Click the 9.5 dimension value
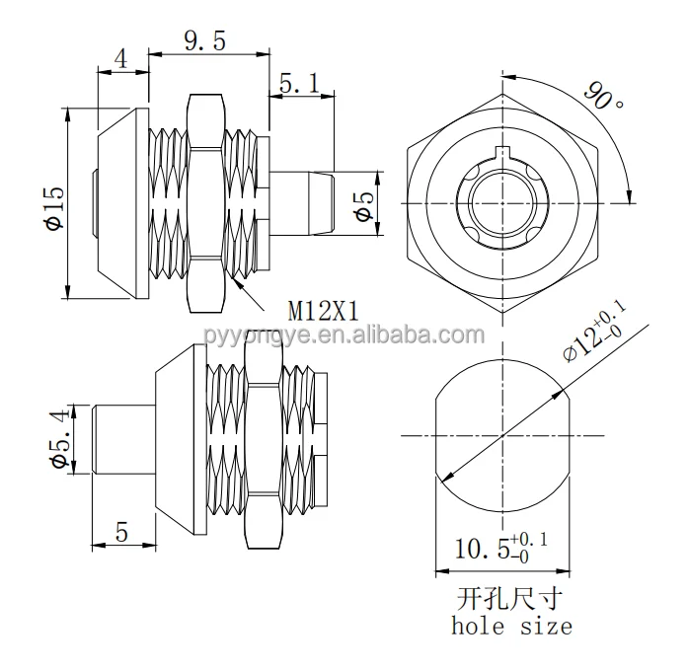[x=206, y=41]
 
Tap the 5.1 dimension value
[x=300, y=86]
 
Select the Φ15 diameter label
[x=54, y=205]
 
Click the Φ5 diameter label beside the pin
[x=363, y=204]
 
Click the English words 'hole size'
[x=510, y=626]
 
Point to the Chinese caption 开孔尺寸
[x=510, y=598]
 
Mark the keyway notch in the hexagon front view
[x=505, y=154]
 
